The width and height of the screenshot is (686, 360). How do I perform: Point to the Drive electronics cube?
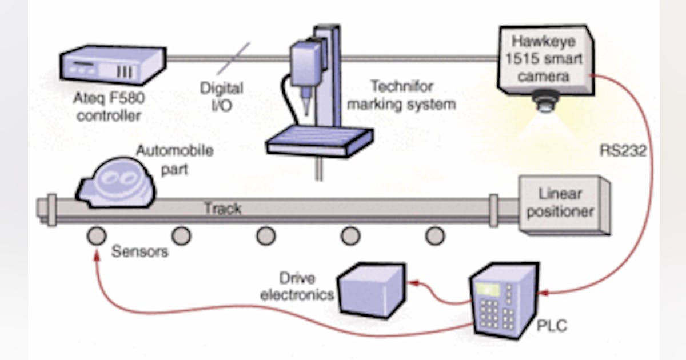[x=370, y=288]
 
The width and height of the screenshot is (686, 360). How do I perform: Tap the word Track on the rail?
[x=222, y=209]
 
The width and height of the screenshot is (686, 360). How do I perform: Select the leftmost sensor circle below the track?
[x=96, y=235]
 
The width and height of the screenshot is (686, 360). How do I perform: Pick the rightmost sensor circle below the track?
[x=435, y=235]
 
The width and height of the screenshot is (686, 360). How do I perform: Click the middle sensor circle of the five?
[x=266, y=235]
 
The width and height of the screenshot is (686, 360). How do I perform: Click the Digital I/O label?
[x=221, y=97]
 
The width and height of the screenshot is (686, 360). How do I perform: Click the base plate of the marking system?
[x=320, y=140]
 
